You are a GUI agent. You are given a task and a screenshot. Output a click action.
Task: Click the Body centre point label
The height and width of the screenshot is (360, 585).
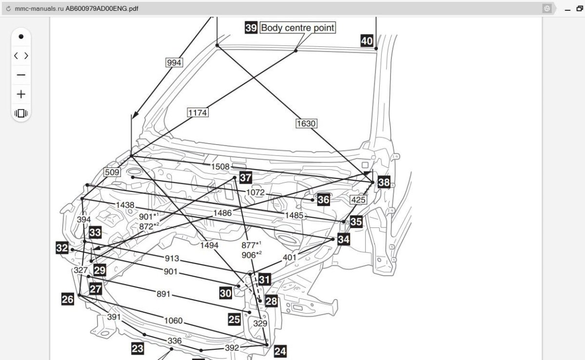pyautogui.click(x=298, y=28)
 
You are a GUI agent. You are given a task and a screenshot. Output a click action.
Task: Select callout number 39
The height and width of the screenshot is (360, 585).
pyautogui.click(x=251, y=28)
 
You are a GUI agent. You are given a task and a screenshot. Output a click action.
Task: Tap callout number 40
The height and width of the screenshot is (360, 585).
pyautogui.click(x=367, y=40)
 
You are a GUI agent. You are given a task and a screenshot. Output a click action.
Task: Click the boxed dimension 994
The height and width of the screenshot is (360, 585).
pyautogui.click(x=174, y=62)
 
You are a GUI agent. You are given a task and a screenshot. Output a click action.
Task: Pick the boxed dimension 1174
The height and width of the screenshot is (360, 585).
pyautogui.click(x=198, y=113)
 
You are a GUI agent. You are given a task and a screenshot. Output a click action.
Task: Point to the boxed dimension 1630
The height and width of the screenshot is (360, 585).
pyautogui.click(x=306, y=123)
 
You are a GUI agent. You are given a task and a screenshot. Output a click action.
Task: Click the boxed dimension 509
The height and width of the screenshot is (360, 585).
pyautogui.click(x=112, y=172)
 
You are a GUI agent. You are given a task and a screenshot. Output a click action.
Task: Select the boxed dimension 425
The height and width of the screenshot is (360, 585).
pyautogui.click(x=358, y=200)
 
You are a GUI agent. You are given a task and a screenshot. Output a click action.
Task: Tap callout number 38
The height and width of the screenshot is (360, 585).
pyautogui.click(x=384, y=182)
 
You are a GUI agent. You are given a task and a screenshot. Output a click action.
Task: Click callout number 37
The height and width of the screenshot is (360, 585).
pyautogui.click(x=246, y=178)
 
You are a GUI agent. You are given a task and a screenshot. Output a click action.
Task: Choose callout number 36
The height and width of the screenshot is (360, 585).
pyautogui.click(x=324, y=199)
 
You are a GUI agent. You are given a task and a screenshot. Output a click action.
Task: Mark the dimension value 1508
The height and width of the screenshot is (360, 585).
pyautogui.click(x=220, y=167)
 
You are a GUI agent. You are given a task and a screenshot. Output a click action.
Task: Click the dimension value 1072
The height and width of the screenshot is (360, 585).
pyautogui.click(x=255, y=192)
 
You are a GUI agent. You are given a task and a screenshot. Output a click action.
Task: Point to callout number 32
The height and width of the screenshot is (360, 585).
pyautogui.click(x=62, y=248)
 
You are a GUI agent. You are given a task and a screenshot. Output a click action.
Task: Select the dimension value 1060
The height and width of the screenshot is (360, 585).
pyautogui.click(x=173, y=321)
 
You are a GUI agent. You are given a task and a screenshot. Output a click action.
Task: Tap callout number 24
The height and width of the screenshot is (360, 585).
pyautogui.click(x=280, y=350)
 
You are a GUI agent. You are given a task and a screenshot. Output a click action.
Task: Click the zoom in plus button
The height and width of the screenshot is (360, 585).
pyautogui.click(x=21, y=95)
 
